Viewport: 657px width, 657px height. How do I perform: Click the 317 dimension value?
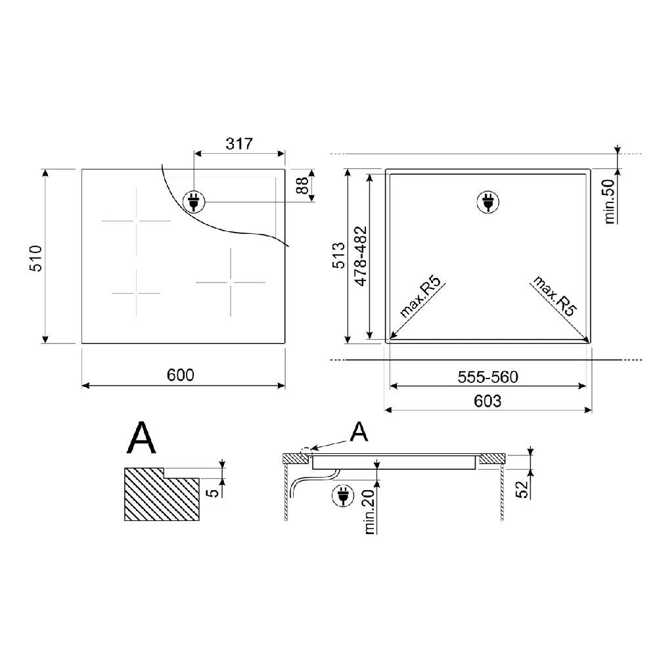239,144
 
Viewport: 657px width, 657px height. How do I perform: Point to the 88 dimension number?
302,185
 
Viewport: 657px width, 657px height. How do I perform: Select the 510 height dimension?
35,258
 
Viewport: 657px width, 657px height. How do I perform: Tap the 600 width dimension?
181,375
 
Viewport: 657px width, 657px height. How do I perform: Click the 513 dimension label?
338,255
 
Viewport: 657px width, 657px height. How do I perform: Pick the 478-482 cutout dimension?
361,256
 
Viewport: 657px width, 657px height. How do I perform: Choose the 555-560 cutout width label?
487,377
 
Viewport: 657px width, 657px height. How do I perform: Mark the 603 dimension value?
487,401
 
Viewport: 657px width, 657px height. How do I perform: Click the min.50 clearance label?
610,201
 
